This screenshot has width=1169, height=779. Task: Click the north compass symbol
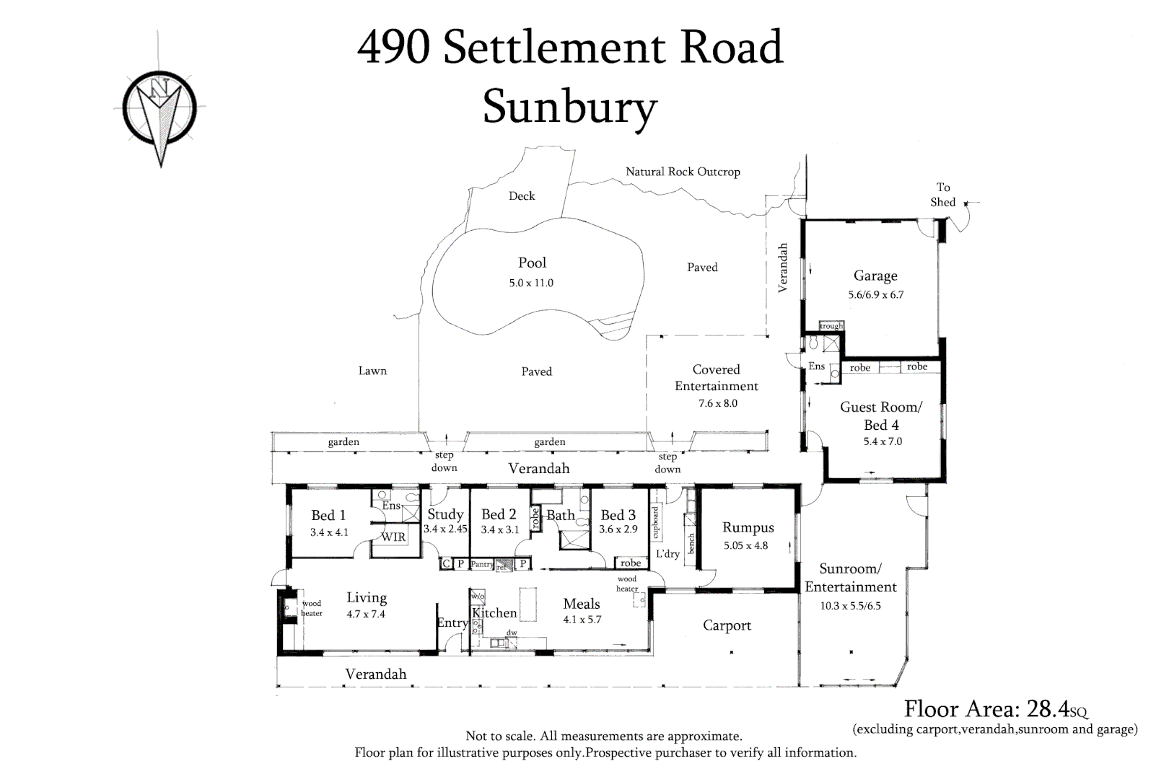[x=159, y=105]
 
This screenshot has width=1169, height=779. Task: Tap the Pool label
[x=532, y=263]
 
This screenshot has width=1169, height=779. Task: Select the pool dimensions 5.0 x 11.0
[x=531, y=283]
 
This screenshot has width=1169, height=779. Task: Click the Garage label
[x=875, y=276]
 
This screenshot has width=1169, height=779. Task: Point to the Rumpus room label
[x=748, y=527]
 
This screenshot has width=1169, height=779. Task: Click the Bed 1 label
[x=328, y=515]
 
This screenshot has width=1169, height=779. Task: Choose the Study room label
[x=445, y=514]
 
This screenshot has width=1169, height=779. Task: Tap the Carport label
[x=727, y=625]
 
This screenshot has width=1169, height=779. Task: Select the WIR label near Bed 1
[x=394, y=537]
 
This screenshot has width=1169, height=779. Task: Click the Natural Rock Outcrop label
[x=683, y=172]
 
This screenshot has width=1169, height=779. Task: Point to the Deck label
[x=522, y=195]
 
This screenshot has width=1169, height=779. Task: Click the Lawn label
[x=372, y=371]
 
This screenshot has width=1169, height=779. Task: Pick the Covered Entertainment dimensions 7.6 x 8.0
[x=718, y=403]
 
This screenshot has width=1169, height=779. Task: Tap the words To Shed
[x=943, y=195]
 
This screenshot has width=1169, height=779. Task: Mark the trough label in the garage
[x=831, y=326]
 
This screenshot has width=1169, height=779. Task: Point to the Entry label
[x=452, y=623]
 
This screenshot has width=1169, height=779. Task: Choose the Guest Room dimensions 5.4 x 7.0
[x=883, y=441]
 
